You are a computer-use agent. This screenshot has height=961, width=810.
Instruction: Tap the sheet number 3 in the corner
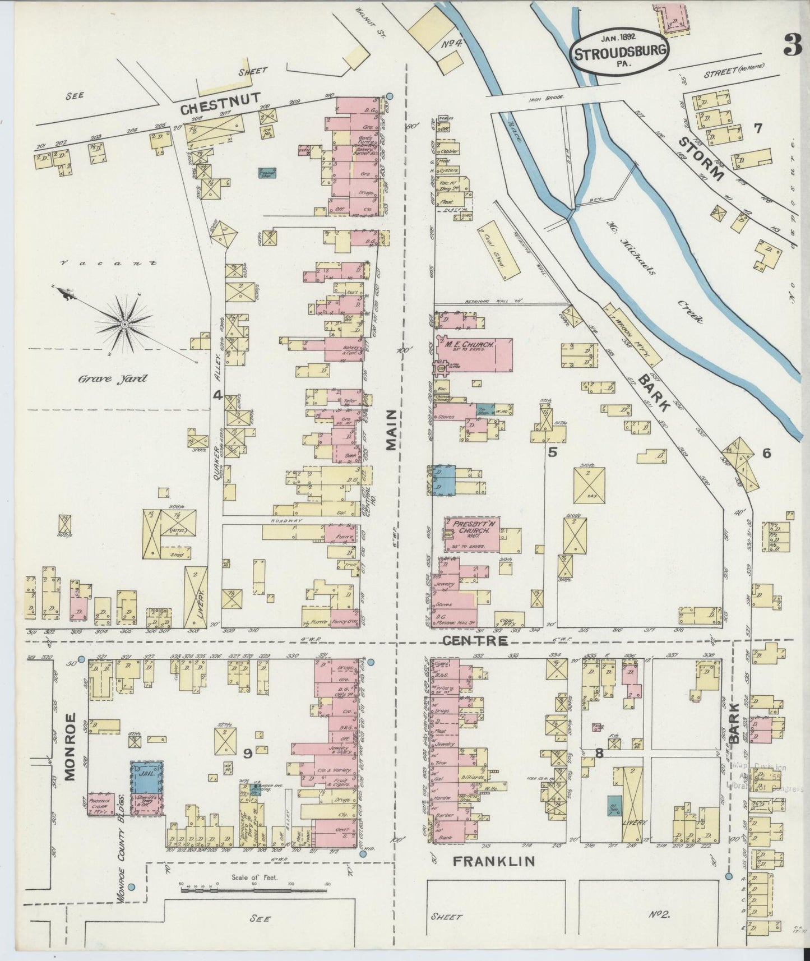point(793,45)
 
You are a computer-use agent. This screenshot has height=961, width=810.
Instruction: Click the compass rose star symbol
point(124,324)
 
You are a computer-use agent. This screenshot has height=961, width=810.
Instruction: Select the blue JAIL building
point(147,776)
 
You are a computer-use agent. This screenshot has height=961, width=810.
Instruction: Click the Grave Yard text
point(113,379)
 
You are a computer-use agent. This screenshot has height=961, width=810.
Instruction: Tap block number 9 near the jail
point(246,755)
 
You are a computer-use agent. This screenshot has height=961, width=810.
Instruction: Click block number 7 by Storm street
point(758,128)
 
